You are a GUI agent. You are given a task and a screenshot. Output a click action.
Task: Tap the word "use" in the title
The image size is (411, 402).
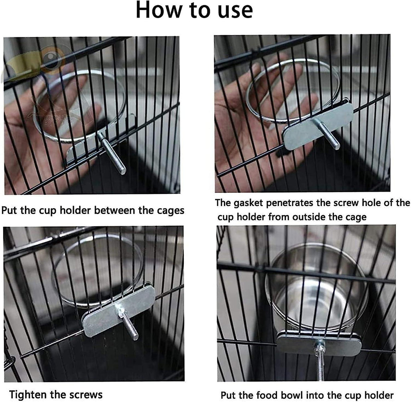235,12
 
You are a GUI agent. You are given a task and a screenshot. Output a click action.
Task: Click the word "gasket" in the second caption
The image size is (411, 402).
248,204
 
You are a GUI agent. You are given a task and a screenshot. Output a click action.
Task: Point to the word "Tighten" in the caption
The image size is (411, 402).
28,394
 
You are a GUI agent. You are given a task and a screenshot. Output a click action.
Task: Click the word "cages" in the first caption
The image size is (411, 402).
171,211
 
